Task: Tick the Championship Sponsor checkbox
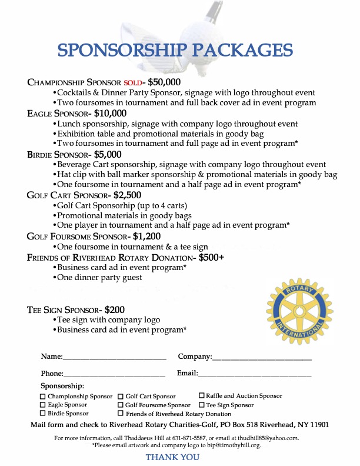[42, 397]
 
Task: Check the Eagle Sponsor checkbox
[42, 405]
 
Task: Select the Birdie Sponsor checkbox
[42, 414]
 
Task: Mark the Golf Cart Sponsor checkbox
[121, 397]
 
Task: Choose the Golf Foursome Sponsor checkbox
[121, 405]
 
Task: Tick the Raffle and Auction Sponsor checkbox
[202, 396]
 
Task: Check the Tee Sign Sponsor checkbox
[202, 405]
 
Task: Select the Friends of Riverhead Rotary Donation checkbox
[121, 414]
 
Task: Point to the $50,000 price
[164, 82]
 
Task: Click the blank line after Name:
[115, 357]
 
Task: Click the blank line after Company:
[262, 357]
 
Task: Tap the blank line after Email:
[255, 374]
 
